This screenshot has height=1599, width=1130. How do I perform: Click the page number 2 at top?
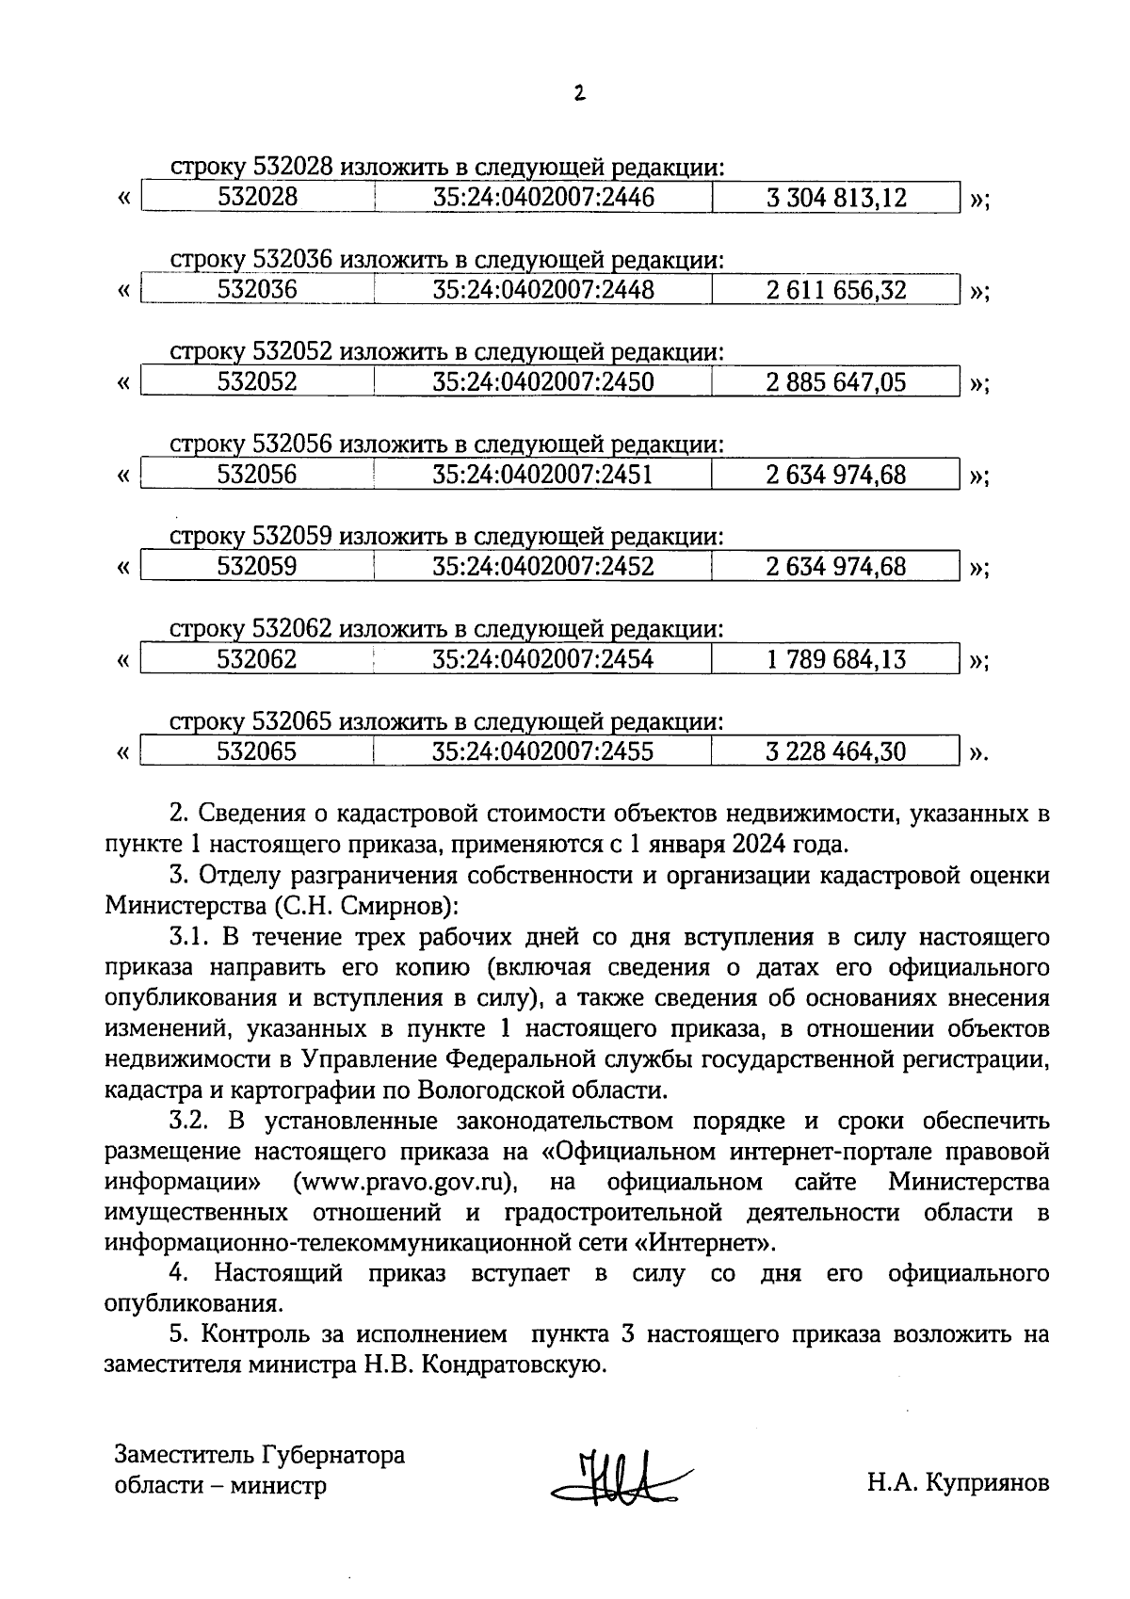point(579,92)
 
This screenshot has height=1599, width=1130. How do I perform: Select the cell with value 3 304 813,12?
point(835,198)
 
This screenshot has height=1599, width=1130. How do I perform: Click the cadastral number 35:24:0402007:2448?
point(543,290)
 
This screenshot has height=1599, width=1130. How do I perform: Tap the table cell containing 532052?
point(257,382)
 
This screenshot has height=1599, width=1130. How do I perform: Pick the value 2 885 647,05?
point(835,382)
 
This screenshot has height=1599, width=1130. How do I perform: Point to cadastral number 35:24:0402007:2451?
point(543,475)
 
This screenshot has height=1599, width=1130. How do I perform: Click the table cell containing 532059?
point(257,567)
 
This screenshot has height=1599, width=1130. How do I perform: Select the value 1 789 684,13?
point(835,659)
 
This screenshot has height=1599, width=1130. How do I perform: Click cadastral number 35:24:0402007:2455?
point(543,751)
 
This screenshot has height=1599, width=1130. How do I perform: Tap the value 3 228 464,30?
point(835,751)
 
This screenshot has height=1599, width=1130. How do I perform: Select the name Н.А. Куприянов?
point(958,1484)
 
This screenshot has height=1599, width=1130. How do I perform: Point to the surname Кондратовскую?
point(511,1365)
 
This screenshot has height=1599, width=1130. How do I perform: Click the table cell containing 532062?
point(257,659)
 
